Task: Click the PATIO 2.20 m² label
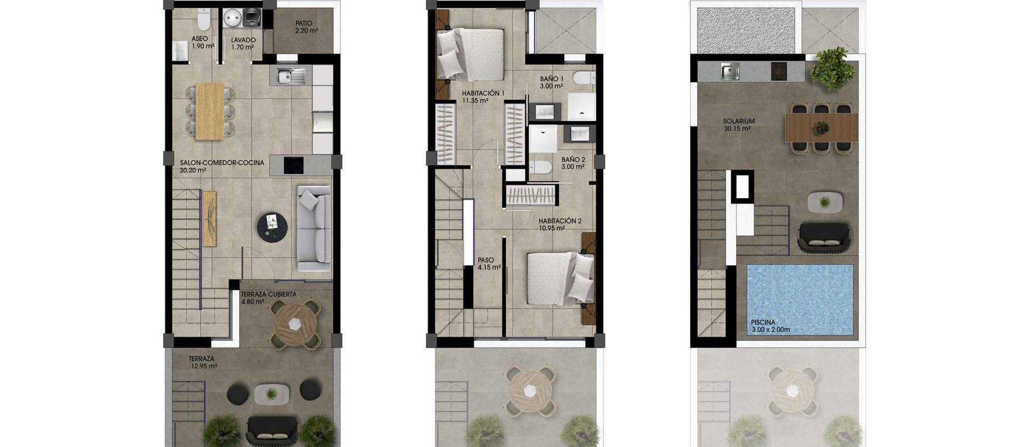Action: pyautogui.click(x=306, y=27)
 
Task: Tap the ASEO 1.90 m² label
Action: pyautogui.click(x=202, y=42)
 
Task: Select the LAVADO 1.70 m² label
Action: pyautogui.click(x=243, y=43)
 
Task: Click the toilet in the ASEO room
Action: pyautogui.click(x=203, y=20)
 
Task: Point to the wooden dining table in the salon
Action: pyautogui.click(x=209, y=111)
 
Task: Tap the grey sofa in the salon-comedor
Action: pyautogui.click(x=313, y=228)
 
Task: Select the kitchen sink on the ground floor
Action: pyautogui.click(x=291, y=76)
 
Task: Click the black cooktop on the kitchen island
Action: pyautogui.click(x=293, y=165)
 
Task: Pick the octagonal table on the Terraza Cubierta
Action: pyautogui.click(x=295, y=323)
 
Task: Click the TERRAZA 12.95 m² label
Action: pyautogui.click(x=202, y=363)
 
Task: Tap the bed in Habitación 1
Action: pyautogui.click(x=470, y=54)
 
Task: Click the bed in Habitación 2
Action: pyautogui.click(x=560, y=278)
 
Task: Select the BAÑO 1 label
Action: pyautogui.click(x=551, y=82)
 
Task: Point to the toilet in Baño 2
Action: pyautogui.click(x=541, y=168)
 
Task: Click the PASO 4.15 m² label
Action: pyautogui.click(x=488, y=264)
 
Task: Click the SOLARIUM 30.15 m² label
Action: pyautogui.click(x=739, y=125)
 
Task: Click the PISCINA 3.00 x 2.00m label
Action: pyautogui.click(x=770, y=326)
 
